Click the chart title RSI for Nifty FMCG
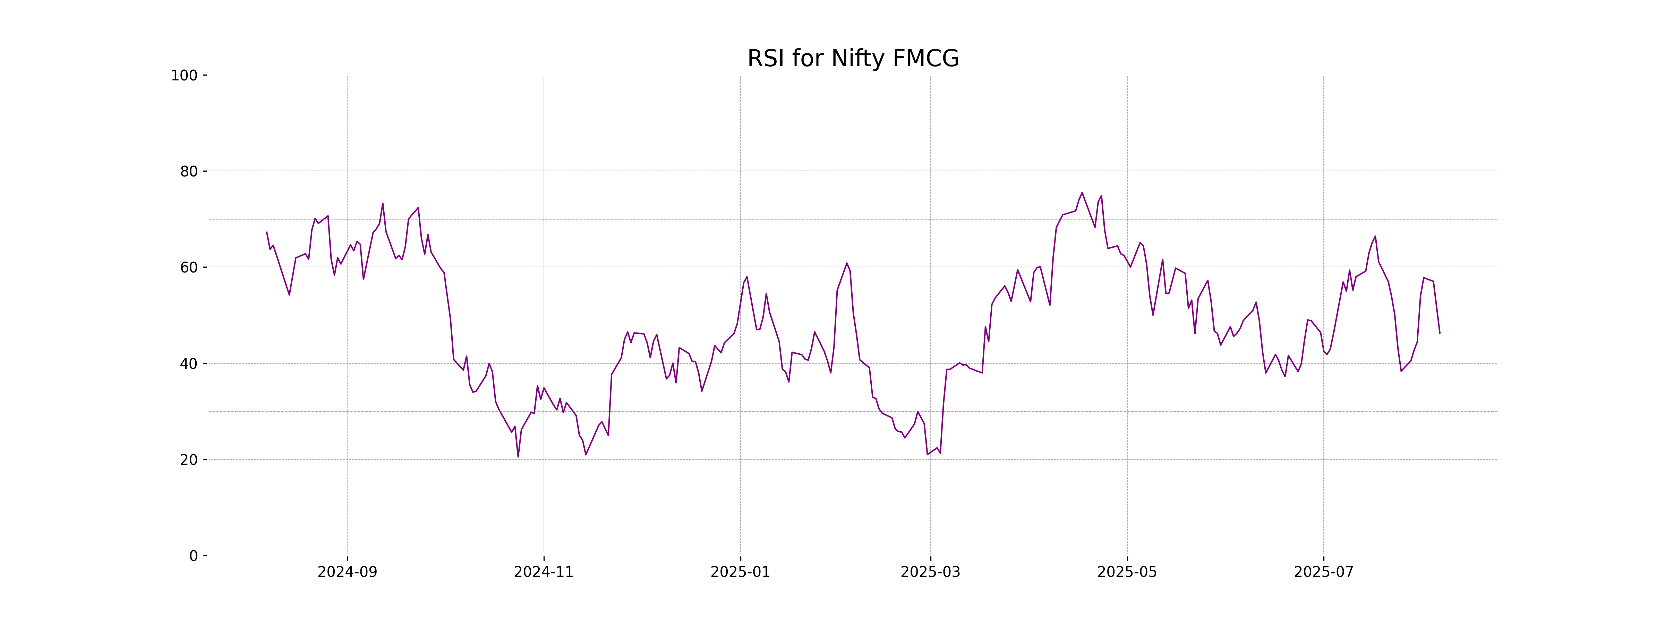point(853,59)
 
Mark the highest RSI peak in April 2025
point(1082,192)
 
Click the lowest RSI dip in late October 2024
point(518,457)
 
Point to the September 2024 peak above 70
point(383,203)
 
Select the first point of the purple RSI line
point(267,232)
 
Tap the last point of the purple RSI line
point(1440,333)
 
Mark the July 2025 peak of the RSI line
point(1375,236)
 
